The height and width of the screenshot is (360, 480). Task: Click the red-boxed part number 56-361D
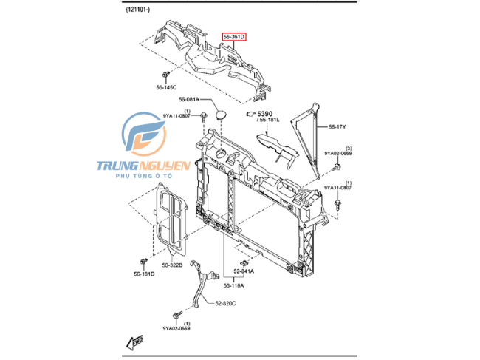pyautogui.click(x=234, y=37)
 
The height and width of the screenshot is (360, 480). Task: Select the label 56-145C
pyautogui.click(x=166, y=88)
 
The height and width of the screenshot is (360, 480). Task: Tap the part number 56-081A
pyautogui.click(x=189, y=99)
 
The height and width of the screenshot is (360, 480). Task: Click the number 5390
pyautogui.click(x=265, y=114)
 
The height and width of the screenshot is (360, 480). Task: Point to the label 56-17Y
pyautogui.click(x=337, y=126)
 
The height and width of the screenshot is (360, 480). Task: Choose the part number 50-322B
pyautogui.click(x=172, y=265)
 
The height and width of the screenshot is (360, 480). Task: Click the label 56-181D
pyautogui.click(x=144, y=274)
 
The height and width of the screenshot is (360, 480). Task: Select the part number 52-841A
pyautogui.click(x=244, y=271)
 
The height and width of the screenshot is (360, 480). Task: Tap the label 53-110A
pyautogui.click(x=233, y=285)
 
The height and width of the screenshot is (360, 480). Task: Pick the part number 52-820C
pyautogui.click(x=225, y=303)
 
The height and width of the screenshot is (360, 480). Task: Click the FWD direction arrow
pyautogui.click(x=134, y=342)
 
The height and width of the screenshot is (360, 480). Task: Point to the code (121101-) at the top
pyautogui.click(x=138, y=10)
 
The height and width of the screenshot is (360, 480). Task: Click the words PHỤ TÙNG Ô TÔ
pyautogui.click(x=144, y=176)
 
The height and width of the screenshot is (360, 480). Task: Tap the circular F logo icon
pyautogui.click(x=144, y=135)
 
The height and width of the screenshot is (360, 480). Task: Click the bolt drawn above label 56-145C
pyautogui.click(x=165, y=75)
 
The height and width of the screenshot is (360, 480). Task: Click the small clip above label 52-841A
pyautogui.click(x=244, y=262)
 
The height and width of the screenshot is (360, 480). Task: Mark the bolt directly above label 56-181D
pyautogui.click(x=143, y=262)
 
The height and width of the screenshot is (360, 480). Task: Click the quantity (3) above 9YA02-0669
pyautogui.click(x=349, y=149)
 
